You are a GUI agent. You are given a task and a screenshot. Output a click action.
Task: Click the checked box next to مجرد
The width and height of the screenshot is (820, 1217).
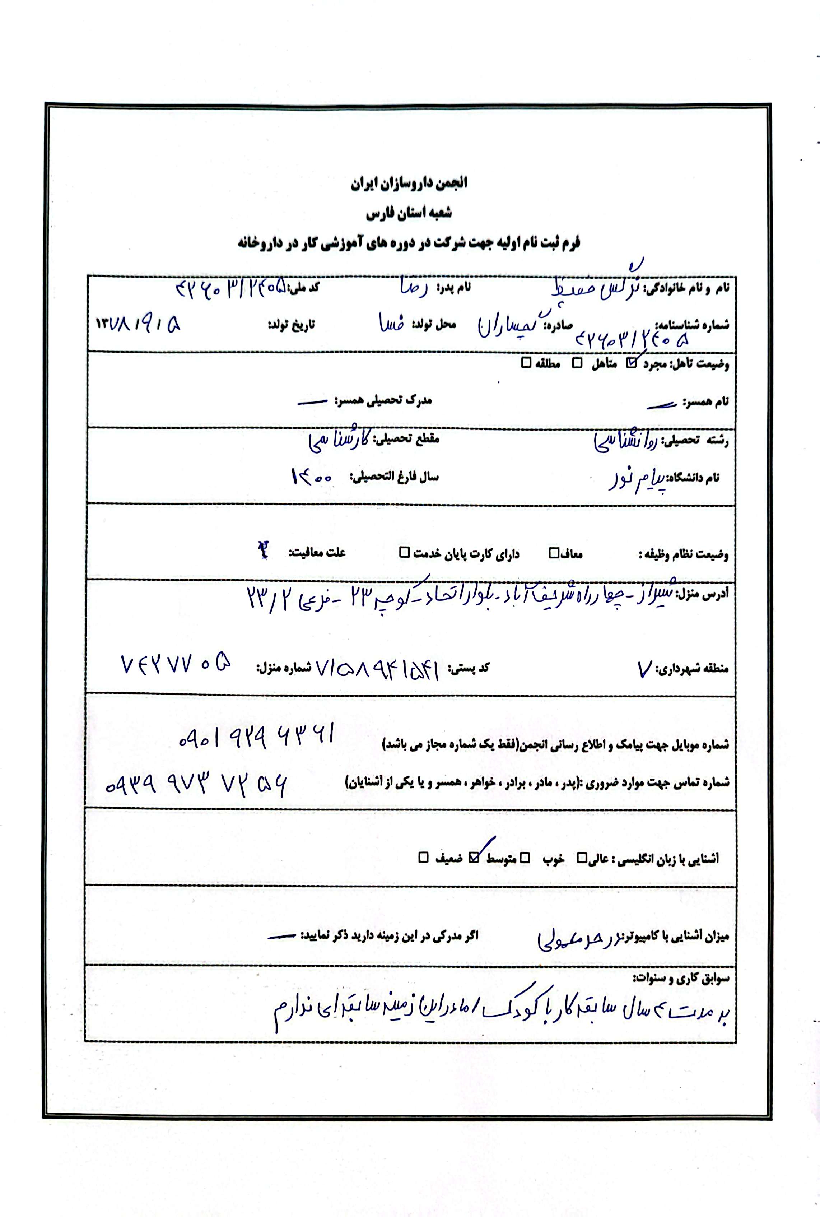tap(632, 363)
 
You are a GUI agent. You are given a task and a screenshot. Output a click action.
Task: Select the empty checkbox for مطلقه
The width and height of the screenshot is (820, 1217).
tap(526, 363)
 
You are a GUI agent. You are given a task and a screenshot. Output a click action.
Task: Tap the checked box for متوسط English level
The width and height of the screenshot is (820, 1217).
tap(474, 858)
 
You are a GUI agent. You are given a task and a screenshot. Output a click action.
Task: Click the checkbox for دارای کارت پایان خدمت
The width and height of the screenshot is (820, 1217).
tap(404, 553)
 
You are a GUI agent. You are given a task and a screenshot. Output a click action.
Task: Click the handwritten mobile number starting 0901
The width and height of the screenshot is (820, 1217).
tap(256, 736)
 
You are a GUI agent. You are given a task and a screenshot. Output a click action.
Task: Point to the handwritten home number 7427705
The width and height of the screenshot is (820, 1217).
tap(176, 665)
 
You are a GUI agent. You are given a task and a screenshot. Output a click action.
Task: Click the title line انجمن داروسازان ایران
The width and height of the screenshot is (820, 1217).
tap(410, 183)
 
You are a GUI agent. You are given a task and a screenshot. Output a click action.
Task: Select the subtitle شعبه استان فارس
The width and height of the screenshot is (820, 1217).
tap(410, 213)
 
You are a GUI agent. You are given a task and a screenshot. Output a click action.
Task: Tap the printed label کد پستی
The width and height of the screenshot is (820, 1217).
tap(469, 668)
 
